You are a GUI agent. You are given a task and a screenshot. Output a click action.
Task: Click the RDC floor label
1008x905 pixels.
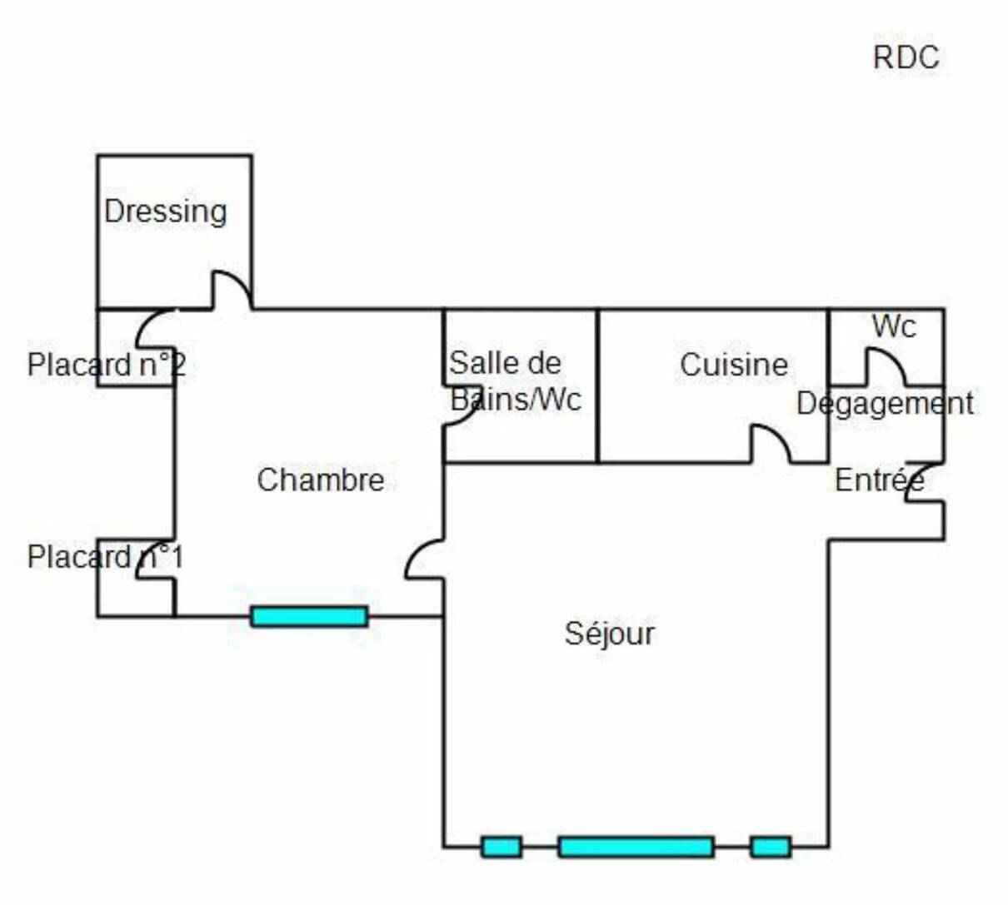(906, 57)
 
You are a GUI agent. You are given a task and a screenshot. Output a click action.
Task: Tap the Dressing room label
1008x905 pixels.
(165, 211)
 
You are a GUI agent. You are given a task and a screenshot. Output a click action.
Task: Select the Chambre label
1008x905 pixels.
(321, 480)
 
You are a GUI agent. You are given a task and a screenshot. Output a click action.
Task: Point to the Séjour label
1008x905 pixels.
(610, 634)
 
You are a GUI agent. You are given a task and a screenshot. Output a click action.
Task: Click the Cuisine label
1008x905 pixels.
(733, 365)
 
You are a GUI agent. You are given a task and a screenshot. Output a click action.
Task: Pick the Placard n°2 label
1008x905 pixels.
(106, 365)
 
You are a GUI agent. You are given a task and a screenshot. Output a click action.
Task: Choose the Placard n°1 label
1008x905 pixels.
(105, 557)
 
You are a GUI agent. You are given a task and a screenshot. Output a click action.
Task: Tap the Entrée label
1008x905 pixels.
(879, 480)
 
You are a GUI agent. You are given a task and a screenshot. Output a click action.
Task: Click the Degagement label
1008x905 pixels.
(885, 404)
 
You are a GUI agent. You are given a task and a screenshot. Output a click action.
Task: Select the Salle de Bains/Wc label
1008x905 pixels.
(515, 381)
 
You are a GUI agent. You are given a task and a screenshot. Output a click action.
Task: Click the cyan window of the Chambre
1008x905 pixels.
(309, 616)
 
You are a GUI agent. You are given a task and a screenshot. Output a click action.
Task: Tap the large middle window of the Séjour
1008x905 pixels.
(636, 847)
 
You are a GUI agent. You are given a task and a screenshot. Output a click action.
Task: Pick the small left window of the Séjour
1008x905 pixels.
(502, 847)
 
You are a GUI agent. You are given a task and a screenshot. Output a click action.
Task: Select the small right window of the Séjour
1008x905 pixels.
(771, 847)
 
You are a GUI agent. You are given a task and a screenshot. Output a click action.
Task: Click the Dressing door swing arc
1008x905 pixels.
(232, 288)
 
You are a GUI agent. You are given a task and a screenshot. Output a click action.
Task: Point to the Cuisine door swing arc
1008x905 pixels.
(771, 442)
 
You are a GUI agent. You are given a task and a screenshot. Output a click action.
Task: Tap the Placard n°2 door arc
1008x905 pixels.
(155, 328)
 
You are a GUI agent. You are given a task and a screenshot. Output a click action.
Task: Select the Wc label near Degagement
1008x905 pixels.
(894, 326)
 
